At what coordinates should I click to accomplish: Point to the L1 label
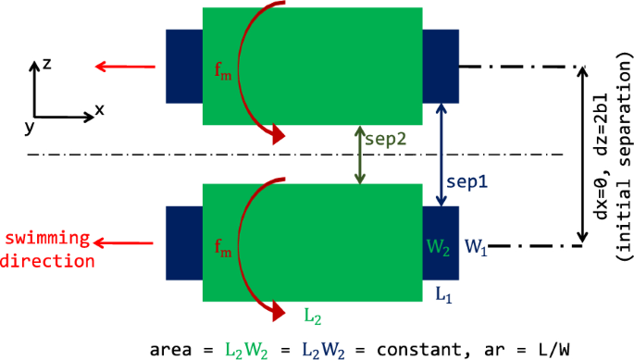(x=443, y=294)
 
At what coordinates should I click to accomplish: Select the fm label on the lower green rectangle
(x=219, y=248)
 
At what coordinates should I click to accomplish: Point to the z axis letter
(x=46, y=65)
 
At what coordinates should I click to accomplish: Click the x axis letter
(x=100, y=109)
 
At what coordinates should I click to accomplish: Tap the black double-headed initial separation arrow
(x=582, y=155)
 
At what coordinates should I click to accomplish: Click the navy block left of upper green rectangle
(x=183, y=65)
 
